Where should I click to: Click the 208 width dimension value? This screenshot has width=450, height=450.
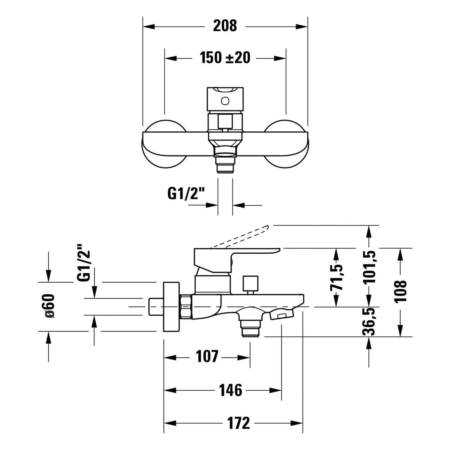click(x=225, y=26)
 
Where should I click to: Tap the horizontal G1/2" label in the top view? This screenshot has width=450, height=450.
click(x=186, y=194)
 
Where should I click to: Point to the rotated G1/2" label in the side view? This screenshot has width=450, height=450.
click(x=84, y=262)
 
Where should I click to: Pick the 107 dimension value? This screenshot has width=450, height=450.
click(x=207, y=356)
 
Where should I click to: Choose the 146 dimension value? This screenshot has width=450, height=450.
click(x=230, y=390)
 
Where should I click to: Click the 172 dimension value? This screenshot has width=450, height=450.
click(x=238, y=423)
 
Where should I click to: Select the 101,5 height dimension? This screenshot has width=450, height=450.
click(x=369, y=267)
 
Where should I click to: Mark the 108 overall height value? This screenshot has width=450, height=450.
click(x=401, y=291)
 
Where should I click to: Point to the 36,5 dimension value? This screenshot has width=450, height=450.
click(x=369, y=321)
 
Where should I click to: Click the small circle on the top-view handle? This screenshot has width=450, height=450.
click(x=225, y=100)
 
